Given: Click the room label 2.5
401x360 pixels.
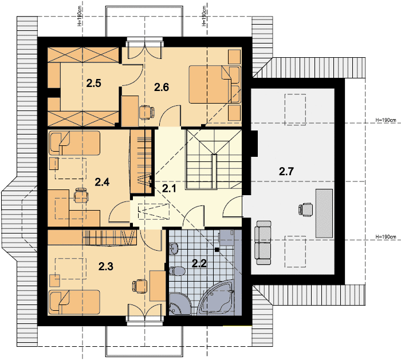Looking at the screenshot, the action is coord(93,84).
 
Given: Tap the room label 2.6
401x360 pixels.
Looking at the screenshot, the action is coord(162,88).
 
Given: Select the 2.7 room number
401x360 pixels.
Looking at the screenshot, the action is coord(286,172).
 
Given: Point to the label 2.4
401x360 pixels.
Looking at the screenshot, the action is coord(103,182).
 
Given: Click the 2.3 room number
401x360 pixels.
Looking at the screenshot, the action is coord(106,267).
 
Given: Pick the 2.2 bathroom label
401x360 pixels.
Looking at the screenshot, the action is coord(199,263).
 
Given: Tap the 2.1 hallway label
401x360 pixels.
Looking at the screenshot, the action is coord(170,189).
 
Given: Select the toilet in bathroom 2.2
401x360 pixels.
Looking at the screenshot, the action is coord(176,271).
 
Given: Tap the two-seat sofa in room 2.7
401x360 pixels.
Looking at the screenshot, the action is coord(263,243).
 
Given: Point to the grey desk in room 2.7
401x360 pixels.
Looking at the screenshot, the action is coord(324,213).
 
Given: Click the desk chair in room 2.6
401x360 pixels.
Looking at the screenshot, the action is coord(147,112).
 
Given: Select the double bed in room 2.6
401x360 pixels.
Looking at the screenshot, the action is coord(215,85).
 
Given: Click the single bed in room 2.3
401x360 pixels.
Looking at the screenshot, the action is coord(74,302).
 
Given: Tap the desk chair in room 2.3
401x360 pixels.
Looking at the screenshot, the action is coord(140,287).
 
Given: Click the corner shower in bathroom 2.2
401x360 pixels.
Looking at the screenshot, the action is coord(179,304).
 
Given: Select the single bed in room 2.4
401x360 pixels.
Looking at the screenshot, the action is coord(74,143).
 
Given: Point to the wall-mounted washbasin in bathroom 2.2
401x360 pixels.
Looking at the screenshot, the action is coord(174,248).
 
